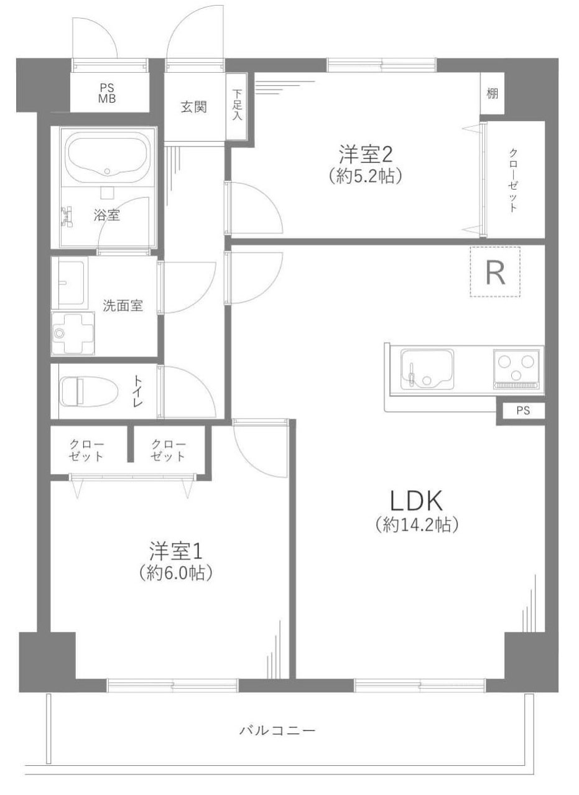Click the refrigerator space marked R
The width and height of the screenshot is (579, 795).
pyautogui.click(x=494, y=272)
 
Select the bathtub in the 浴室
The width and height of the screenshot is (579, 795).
pyautogui.click(x=107, y=156)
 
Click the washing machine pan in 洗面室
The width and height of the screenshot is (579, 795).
pyautogui.click(x=73, y=333)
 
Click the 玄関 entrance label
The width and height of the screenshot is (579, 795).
pyautogui.click(x=193, y=107)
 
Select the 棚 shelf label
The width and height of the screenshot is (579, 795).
pyautogui.click(x=492, y=94)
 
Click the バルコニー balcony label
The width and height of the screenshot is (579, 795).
pyautogui.click(x=277, y=730)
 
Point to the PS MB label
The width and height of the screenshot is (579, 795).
pyautogui.click(x=106, y=93)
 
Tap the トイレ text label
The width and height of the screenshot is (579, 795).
pyautogui.click(x=137, y=391)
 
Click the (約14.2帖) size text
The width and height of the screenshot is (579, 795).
pyautogui.click(x=417, y=526)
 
